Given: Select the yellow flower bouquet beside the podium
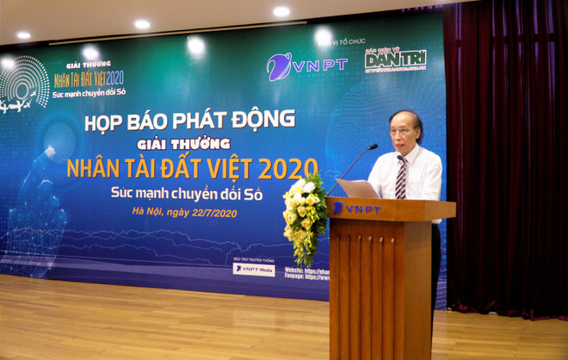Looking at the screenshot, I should (305, 215).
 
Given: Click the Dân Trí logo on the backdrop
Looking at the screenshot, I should (395, 60).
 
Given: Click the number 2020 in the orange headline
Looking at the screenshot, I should (287, 167).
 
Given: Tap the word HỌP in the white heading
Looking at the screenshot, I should (105, 121).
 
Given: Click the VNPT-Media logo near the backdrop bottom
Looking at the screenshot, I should (254, 270).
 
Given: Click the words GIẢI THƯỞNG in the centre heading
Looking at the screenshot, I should (183, 143).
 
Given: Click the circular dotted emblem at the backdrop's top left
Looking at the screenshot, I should (23, 82).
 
